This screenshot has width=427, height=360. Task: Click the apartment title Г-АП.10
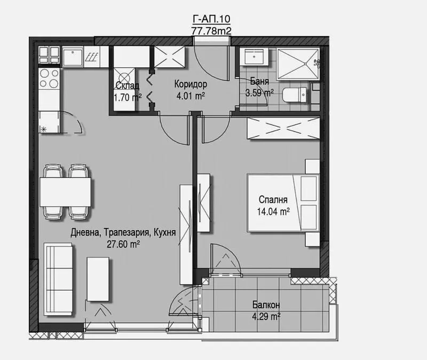[x=211, y=19]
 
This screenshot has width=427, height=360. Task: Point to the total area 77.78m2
[x=211, y=31]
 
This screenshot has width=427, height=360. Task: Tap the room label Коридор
[x=191, y=84]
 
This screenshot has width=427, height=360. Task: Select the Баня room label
[x=259, y=81]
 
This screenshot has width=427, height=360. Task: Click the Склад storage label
[x=127, y=85]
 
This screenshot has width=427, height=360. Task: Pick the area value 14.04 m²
[x=273, y=211]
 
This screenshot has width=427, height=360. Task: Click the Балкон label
[x=266, y=304]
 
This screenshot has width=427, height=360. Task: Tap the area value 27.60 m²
[x=123, y=244]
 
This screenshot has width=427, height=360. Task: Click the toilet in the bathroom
[x=295, y=95]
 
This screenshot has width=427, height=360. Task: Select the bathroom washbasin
[x=254, y=57]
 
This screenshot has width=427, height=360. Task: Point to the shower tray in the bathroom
[x=298, y=64]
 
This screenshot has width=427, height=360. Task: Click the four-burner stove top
[x=49, y=79]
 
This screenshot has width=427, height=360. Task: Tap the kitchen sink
[x=73, y=57]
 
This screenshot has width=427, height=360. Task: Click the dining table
[x=65, y=192]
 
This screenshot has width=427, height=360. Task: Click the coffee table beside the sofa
[x=98, y=279]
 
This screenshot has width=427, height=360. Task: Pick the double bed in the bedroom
[x=283, y=203]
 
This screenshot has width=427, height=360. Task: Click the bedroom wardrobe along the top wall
[x=283, y=128]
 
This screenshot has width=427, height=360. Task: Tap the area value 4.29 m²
[x=266, y=317]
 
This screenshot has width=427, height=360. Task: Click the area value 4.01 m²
[x=191, y=96]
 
